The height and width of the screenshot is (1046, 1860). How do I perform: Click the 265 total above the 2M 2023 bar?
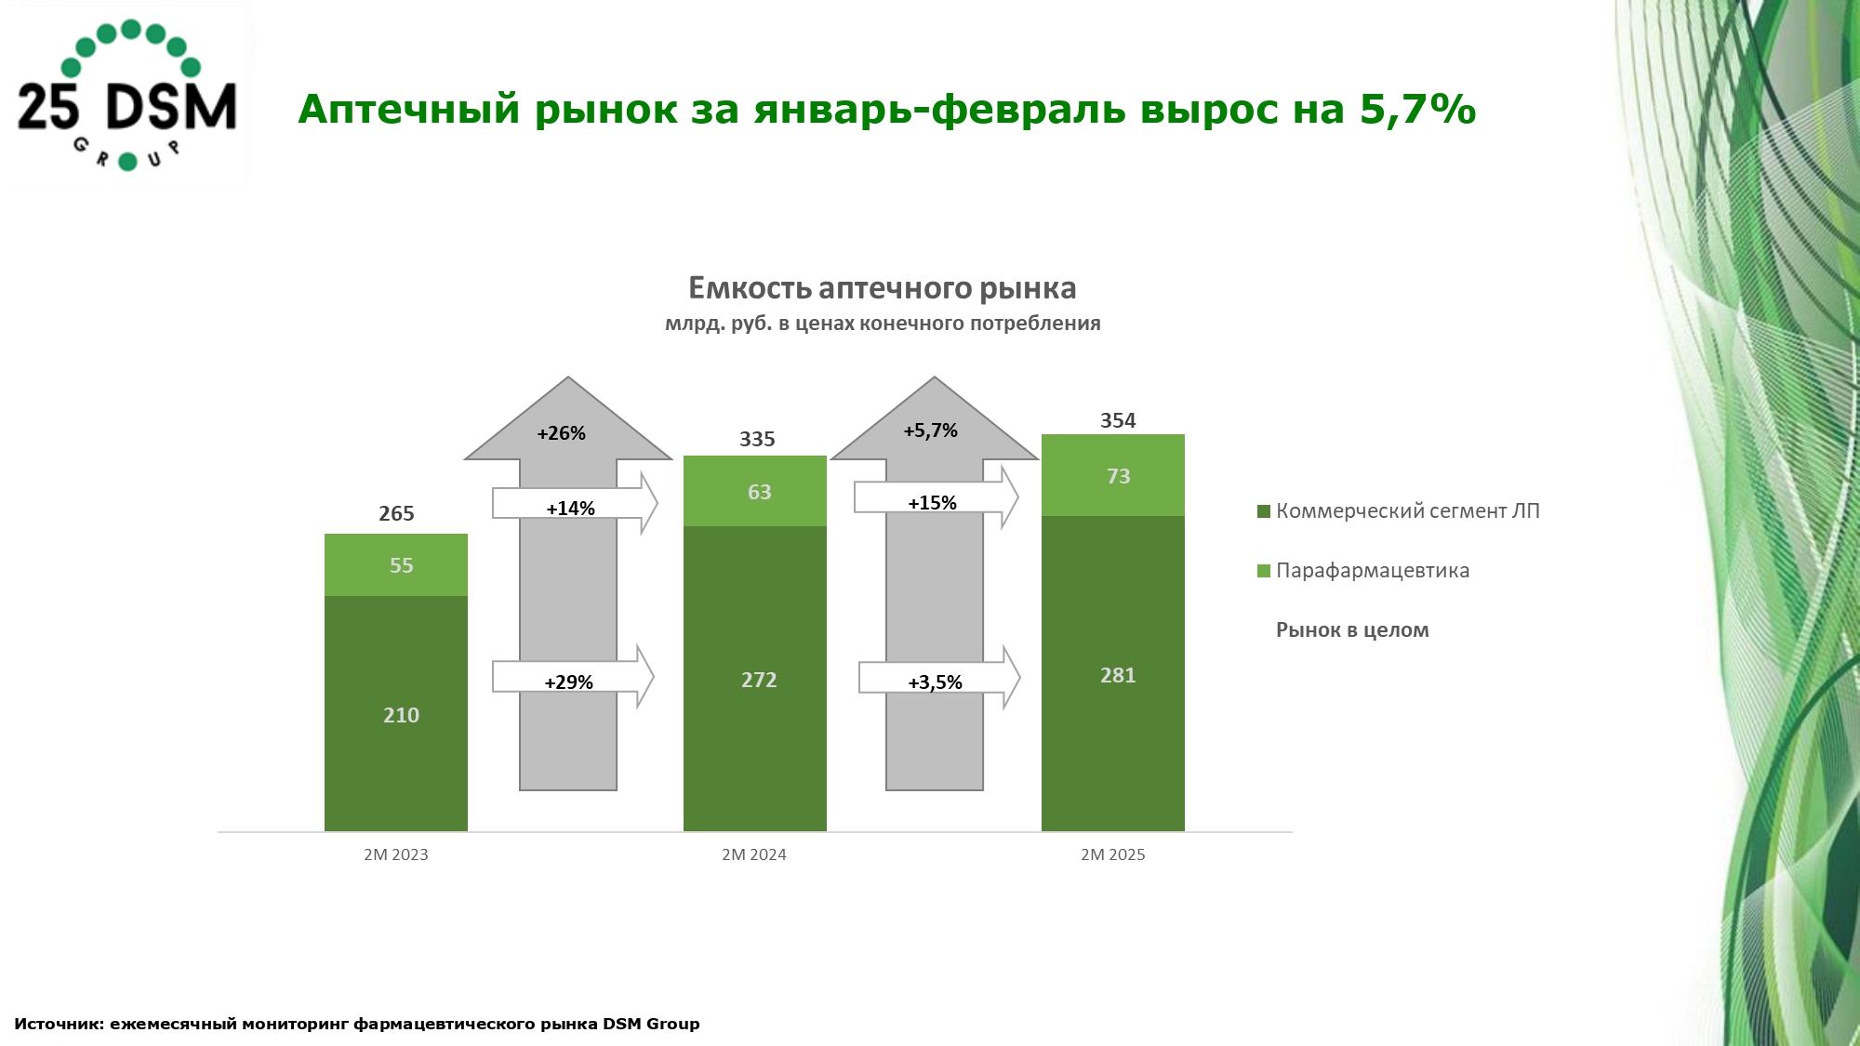coord(396,513)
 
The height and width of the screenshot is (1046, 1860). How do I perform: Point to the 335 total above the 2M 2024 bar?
coord(757,439)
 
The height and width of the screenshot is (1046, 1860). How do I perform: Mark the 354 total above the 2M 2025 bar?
coord(1118,420)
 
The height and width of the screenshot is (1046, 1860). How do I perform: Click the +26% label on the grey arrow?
coord(562,433)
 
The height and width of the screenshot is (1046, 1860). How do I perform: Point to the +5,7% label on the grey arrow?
coord(930,430)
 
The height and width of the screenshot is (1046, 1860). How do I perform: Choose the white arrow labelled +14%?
coord(573,505)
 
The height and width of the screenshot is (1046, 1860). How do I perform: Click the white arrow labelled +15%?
coord(934,499)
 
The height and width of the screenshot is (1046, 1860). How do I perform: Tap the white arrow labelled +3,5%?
coord(937,679)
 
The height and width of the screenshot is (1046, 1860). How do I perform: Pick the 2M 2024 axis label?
coord(754,854)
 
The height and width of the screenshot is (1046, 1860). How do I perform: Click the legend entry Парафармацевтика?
coord(1372,571)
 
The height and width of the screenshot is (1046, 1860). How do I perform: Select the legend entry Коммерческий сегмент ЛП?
coord(1406,511)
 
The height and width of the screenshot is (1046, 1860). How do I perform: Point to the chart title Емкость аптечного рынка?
coord(882,288)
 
